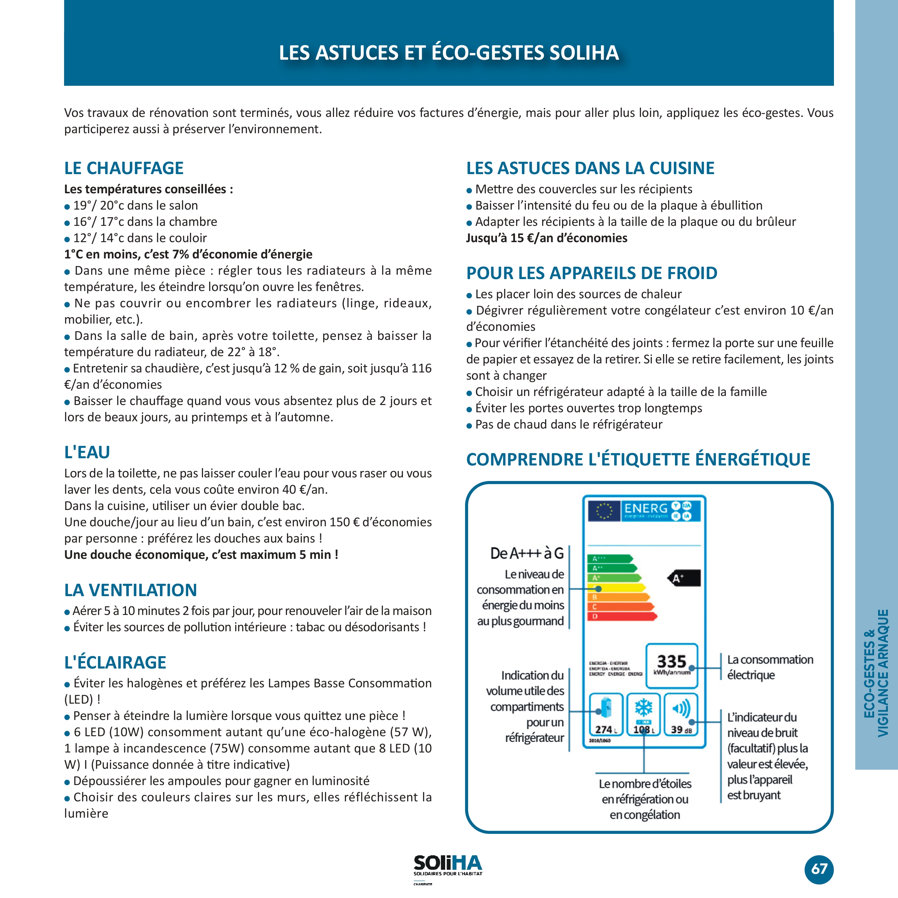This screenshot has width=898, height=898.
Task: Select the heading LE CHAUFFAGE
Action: pyautogui.click(x=124, y=168)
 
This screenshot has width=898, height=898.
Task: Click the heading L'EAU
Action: pyautogui.click(x=87, y=452)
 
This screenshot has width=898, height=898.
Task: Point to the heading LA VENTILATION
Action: pyautogui.click(x=131, y=590)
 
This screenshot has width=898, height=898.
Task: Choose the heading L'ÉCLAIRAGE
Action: pyautogui.click(x=115, y=662)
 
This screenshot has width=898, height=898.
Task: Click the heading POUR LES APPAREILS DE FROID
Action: pyautogui.click(x=592, y=273)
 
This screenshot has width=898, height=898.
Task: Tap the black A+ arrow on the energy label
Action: pyautogui.click(x=684, y=578)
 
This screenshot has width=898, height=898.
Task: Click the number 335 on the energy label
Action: pyautogui.click(x=671, y=661)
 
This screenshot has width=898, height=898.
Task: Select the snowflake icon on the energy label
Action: pyautogui.click(x=644, y=707)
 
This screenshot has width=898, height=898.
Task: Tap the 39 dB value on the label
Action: pyautogui.click(x=681, y=729)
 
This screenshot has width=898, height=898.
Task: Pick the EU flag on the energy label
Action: pyautogui.click(x=604, y=510)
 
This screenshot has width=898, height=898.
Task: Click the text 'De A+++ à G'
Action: pyautogui.click(x=527, y=553)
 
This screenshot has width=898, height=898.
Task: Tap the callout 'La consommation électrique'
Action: pyautogui.click(x=770, y=667)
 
